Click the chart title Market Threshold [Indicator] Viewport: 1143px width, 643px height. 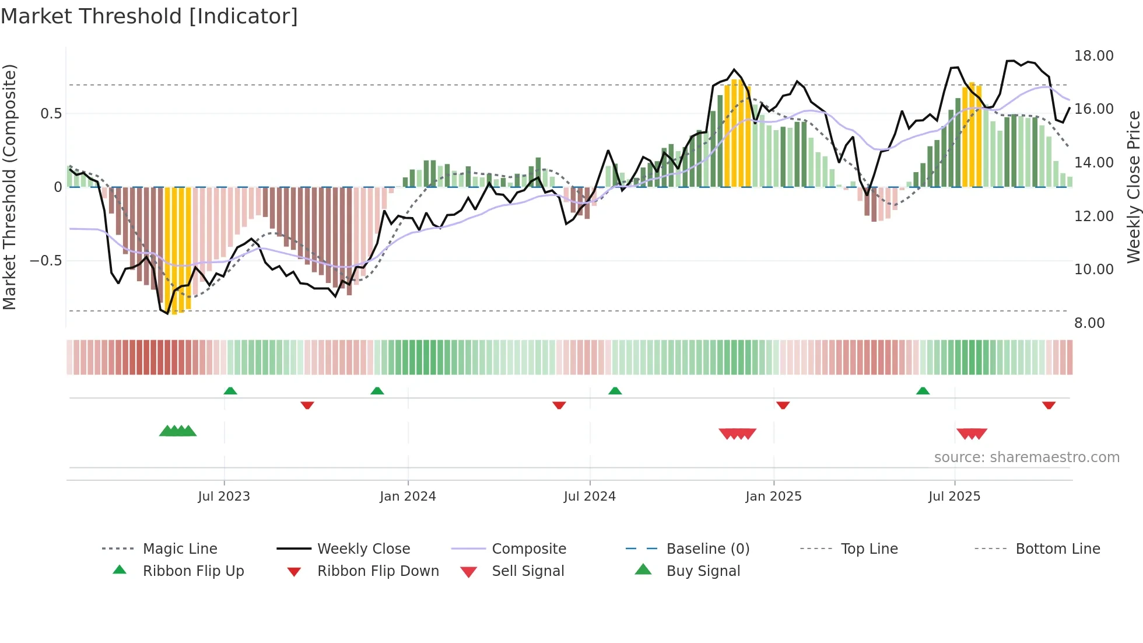(149, 16)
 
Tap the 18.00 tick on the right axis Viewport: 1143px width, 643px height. (1093, 56)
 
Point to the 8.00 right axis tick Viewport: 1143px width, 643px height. (1089, 323)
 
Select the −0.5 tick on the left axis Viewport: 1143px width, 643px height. (46, 261)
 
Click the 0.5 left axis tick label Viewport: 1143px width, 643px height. (51, 114)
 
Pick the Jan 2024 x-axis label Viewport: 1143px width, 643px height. (408, 497)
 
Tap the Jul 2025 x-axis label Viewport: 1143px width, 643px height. (954, 497)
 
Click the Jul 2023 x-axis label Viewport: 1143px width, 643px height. (224, 497)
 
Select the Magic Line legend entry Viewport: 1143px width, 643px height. (180, 549)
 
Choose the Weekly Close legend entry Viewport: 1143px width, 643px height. (363, 549)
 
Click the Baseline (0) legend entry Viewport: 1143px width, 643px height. (707, 549)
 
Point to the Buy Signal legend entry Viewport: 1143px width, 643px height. (703, 571)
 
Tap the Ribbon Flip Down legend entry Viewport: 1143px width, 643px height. (378, 571)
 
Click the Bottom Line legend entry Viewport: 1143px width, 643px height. (1057, 549)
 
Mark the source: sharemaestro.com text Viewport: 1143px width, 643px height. (1026, 457)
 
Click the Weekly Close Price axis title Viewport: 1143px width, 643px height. (1133, 187)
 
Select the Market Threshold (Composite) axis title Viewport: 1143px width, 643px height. (9, 187)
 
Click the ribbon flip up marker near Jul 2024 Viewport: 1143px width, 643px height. (615, 391)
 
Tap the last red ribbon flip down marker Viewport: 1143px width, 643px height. (1049, 405)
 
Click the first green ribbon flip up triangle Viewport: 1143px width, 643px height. (230, 391)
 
